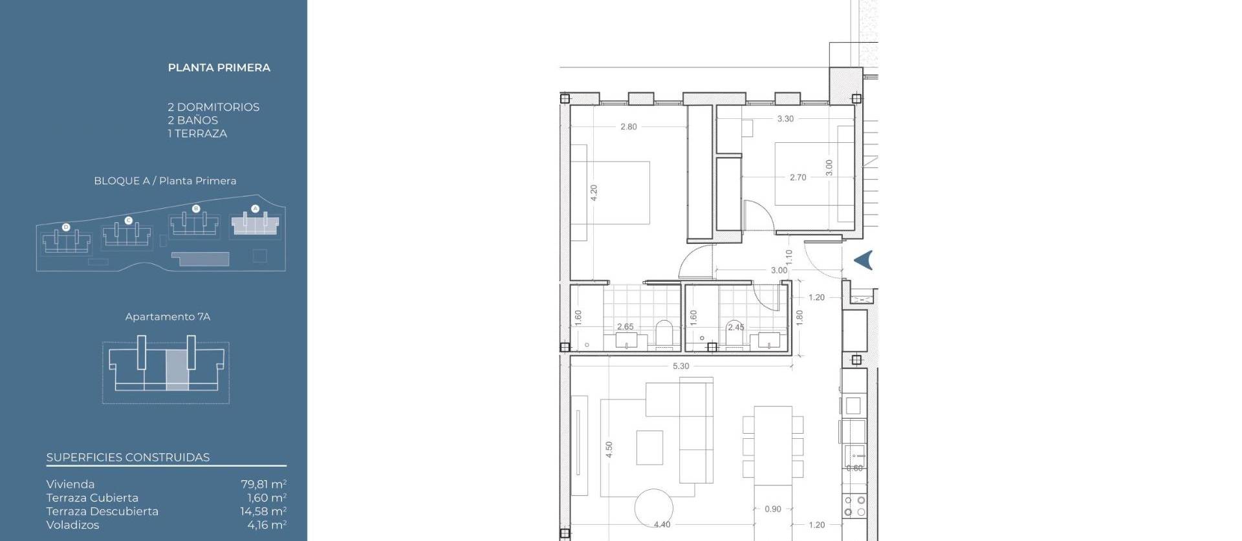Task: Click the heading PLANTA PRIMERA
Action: tap(219, 68)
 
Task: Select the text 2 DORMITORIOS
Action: tap(213, 107)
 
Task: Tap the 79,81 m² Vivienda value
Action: tap(263, 484)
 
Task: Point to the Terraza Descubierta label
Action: tap(102, 511)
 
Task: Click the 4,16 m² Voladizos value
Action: tap(267, 525)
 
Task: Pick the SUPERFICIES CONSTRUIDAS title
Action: tap(128, 458)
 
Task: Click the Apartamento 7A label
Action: tap(168, 317)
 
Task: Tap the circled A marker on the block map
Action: tap(255, 209)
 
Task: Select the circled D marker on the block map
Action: tap(66, 228)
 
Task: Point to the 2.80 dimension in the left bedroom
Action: tap(628, 127)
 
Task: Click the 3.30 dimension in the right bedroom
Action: tap(785, 119)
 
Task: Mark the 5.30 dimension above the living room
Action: tap(681, 366)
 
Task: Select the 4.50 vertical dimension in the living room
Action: tap(609, 450)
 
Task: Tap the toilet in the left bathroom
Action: tap(664, 334)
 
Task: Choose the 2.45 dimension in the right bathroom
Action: tap(735, 328)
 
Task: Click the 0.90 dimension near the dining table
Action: tap(772, 509)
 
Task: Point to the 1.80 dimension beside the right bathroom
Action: tap(800, 317)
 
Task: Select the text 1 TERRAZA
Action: tap(197, 134)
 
